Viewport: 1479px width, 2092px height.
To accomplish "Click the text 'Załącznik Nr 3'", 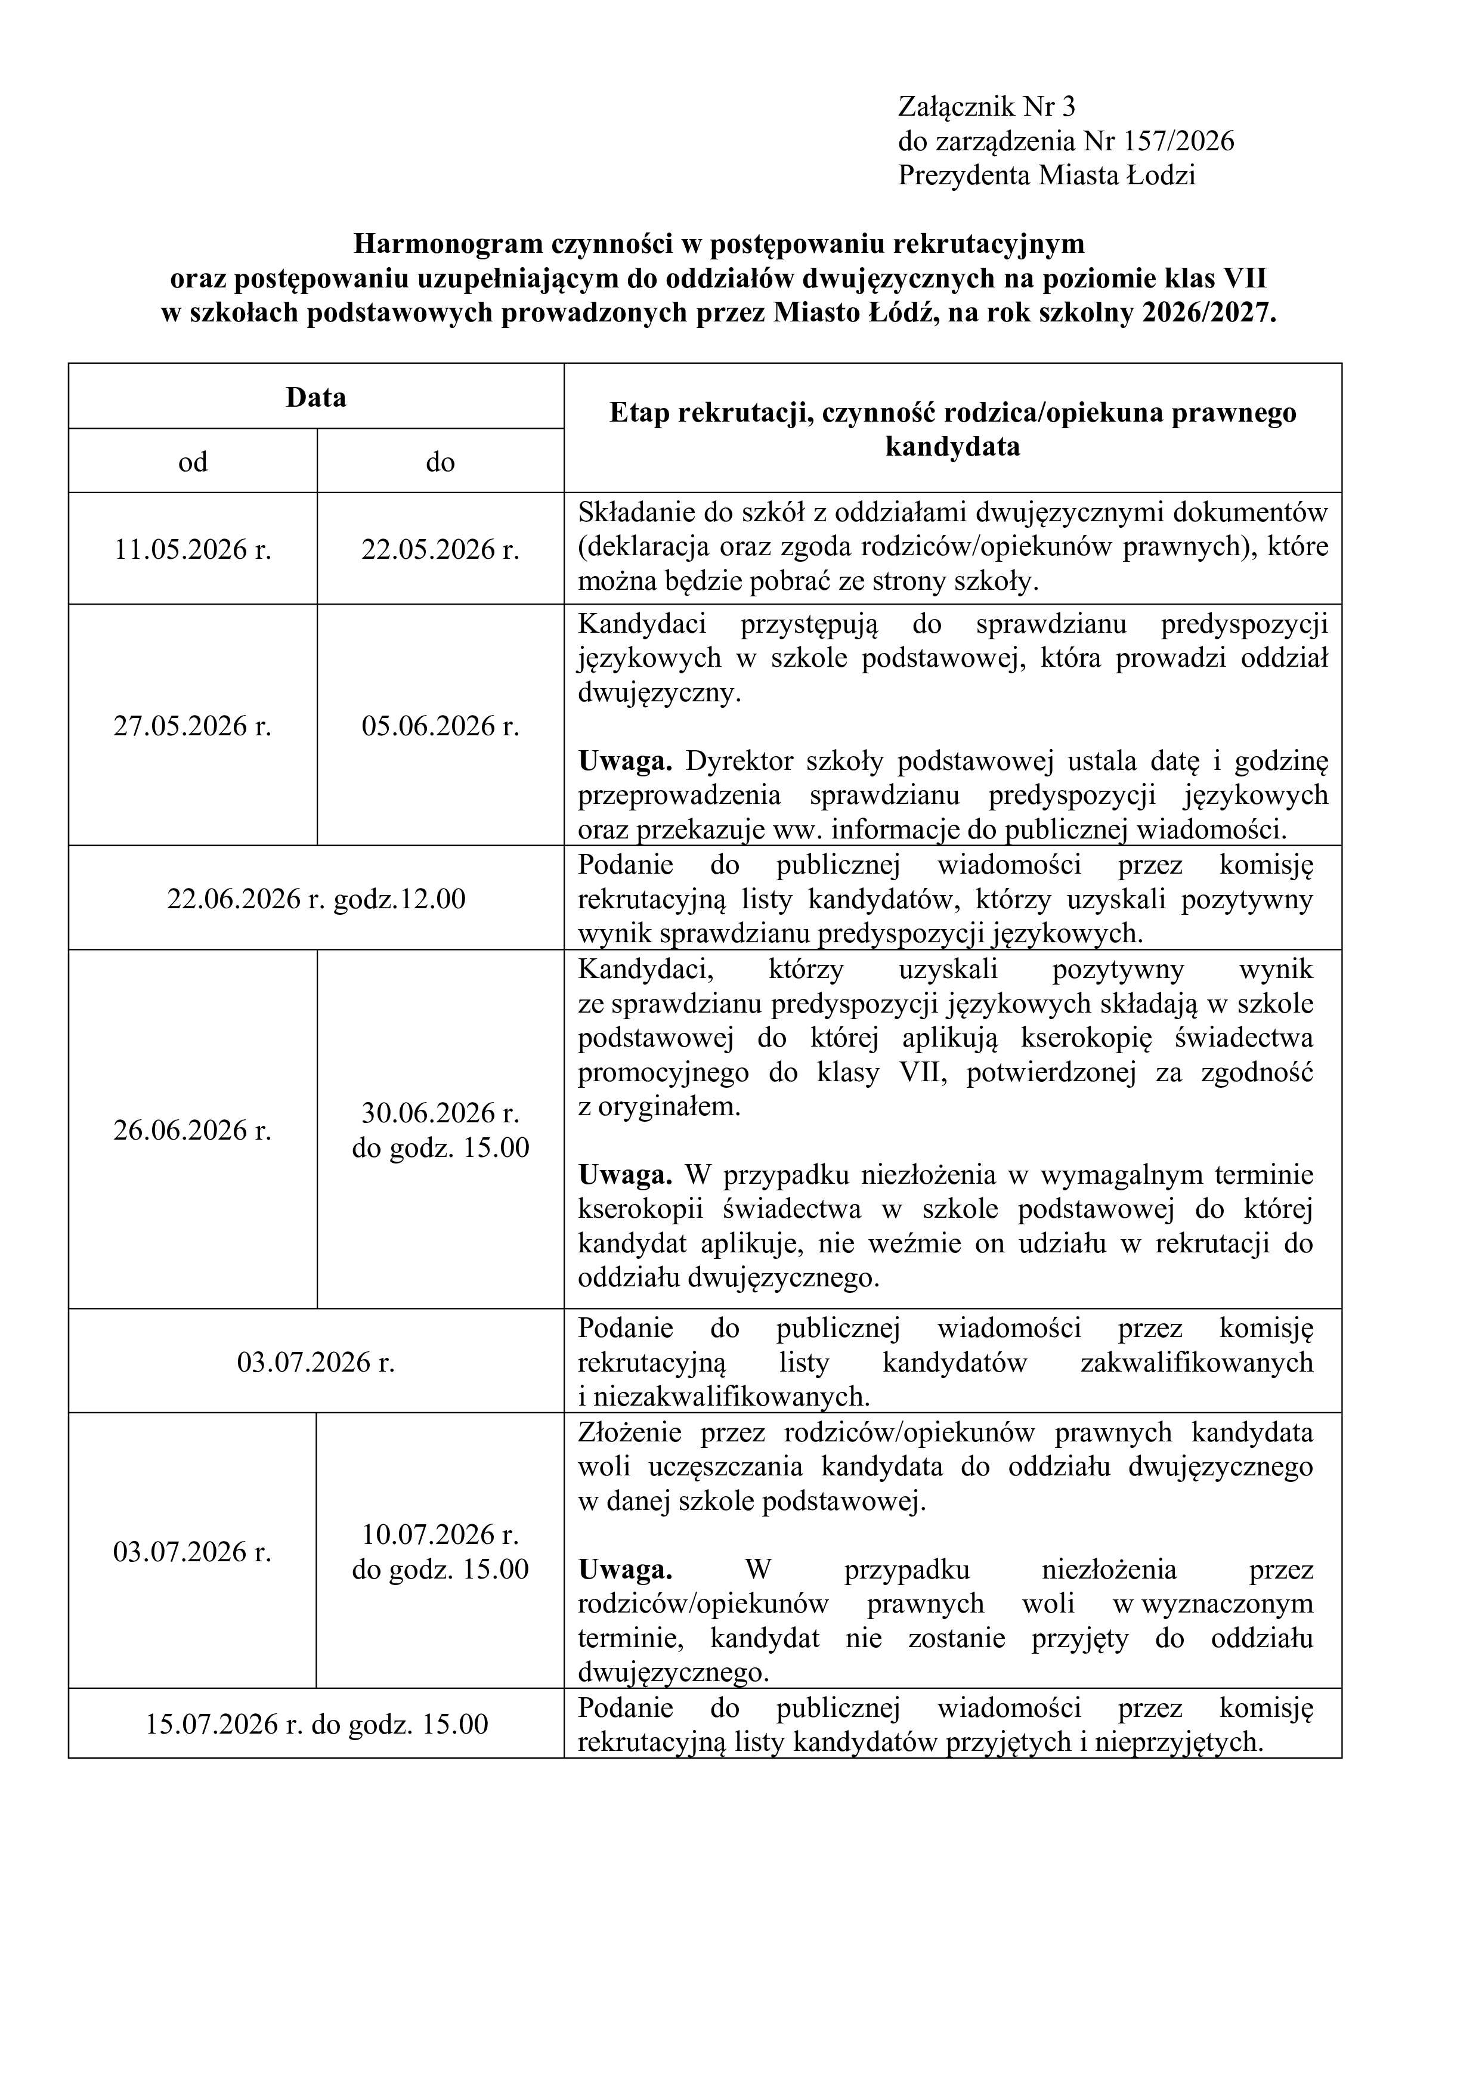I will click(x=986, y=107).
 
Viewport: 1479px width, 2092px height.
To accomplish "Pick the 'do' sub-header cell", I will click(x=440, y=462).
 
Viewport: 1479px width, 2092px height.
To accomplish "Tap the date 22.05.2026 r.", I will click(x=440, y=549).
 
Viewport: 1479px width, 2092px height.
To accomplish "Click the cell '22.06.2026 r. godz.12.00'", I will click(x=315, y=899).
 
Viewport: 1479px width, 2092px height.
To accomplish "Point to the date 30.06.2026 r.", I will click(x=440, y=1113).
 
